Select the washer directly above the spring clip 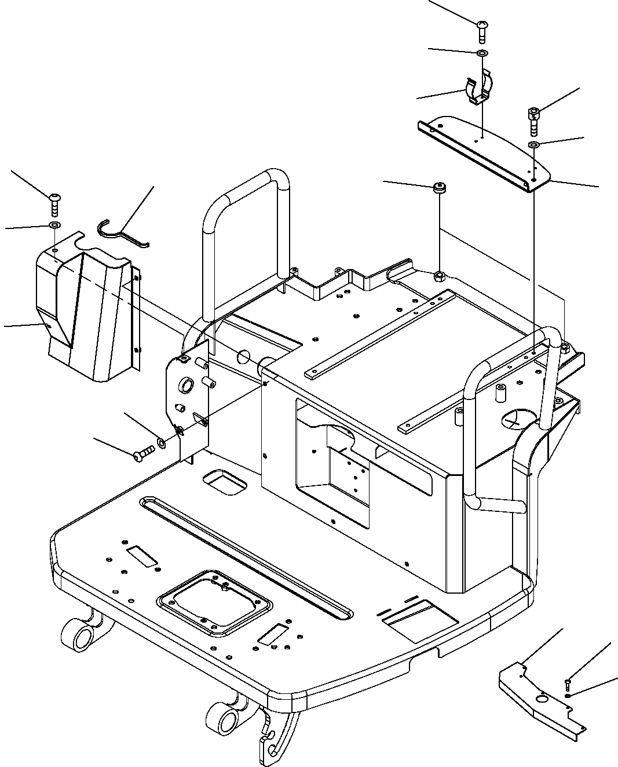tap(482, 53)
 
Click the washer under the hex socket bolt tap(534, 144)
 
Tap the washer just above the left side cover tap(54, 225)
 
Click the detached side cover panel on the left tap(87, 313)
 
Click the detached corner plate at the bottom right tap(542, 699)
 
